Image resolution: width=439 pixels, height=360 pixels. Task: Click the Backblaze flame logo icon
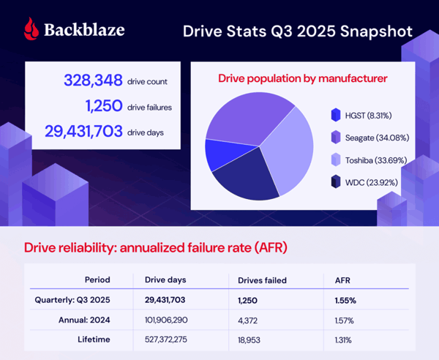pos(29,29)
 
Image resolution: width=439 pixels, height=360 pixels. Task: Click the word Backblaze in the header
pos(84,30)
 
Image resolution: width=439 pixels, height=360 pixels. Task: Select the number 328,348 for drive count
pos(93,81)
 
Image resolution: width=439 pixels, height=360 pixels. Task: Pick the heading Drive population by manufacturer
pos(304,78)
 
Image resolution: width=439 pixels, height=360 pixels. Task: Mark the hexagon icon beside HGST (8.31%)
pos(335,115)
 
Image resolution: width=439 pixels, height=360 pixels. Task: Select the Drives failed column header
pos(263,280)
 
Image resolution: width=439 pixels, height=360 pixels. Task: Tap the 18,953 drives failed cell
pos(252,340)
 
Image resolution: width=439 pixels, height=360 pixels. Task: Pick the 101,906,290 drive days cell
pos(165,320)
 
